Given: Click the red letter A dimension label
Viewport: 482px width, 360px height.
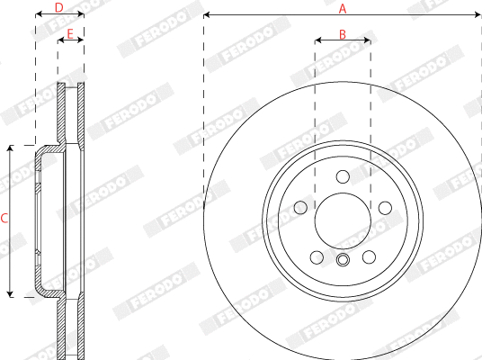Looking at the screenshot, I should (x=343, y=8).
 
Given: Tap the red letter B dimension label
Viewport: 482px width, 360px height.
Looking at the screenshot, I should (x=343, y=34).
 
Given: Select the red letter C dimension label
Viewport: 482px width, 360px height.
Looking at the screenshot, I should (x=4, y=219).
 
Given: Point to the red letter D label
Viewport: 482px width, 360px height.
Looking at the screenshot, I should (x=58, y=8).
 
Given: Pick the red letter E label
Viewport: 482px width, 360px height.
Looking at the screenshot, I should (x=71, y=34).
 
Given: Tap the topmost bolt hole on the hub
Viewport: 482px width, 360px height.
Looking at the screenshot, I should (x=342, y=177).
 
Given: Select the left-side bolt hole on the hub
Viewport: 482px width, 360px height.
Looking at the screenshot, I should (x=299, y=208).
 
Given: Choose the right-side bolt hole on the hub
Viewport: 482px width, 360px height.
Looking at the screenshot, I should (x=385, y=208).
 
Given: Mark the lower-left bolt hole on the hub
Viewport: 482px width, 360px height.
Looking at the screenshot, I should (x=316, y=257).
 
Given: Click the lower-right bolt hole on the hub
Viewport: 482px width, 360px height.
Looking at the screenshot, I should (x=369, y=257).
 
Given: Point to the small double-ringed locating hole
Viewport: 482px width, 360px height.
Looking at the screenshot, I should (x=342, y=261).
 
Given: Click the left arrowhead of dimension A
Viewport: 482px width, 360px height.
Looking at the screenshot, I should (x=207, y=15).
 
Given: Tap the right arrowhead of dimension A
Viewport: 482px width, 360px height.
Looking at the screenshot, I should (x=478, y=15).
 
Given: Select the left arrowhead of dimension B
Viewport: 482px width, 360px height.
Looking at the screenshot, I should (x=317, y=40).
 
